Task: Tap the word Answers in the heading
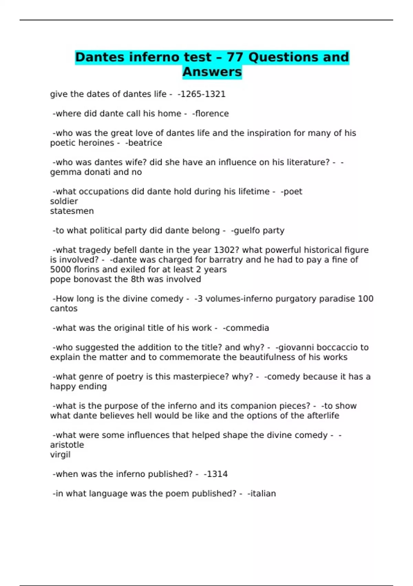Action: [x=212, y=72]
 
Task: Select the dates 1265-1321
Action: [x=203, y=94]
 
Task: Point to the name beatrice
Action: [x=145, y=143]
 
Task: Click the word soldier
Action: [x=64, y=201]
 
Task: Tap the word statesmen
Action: [x=72, y=211]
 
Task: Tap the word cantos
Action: [x=64, y=309]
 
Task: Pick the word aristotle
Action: [x=67, y=445]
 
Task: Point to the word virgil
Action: [x=60, y=455]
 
